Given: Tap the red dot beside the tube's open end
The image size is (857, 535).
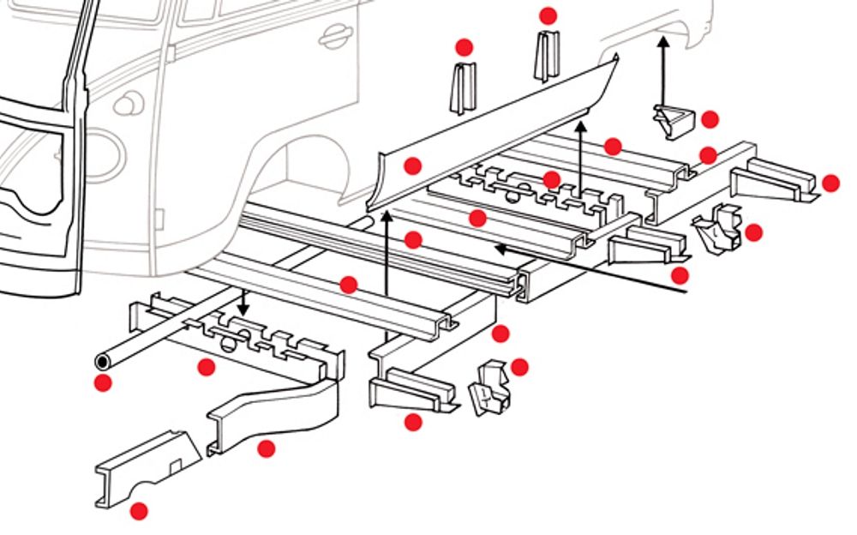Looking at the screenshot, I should click(104, 382).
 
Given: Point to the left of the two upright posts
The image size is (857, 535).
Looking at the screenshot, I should click(464, 88).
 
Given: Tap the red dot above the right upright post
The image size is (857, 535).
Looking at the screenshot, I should click(548, 15).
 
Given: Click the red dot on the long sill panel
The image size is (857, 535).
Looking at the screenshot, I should click(413, 165).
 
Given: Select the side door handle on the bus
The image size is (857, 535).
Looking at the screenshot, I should click(335, 37).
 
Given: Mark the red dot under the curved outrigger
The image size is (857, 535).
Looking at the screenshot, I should click(267, 448).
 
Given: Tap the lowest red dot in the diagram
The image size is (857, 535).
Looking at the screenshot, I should click(138, 511).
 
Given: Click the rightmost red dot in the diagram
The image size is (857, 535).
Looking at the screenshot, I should click(830, 183).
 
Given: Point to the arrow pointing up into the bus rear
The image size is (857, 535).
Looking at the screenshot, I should click(662, 69).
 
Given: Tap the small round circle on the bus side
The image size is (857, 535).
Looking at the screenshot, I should click(125, 105).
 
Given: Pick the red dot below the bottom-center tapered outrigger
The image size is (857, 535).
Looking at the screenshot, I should click(413, 421).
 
